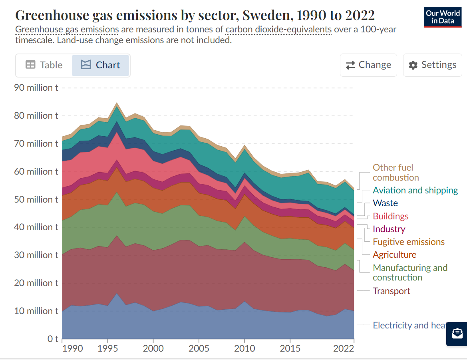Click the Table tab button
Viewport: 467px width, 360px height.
[44, 65]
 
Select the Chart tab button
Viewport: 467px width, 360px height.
[101, 65]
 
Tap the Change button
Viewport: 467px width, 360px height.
[368, 65]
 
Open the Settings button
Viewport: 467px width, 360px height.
[433, 65]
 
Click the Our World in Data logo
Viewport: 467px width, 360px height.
[443, 17]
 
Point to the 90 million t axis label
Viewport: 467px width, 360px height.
[36, 88]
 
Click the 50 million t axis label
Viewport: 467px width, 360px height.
[36, 199]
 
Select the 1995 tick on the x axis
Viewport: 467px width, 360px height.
[107, 348]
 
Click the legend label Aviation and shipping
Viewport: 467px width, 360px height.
[415, 190]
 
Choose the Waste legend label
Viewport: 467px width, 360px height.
[385, 203]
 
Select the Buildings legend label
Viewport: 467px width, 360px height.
[391, 216]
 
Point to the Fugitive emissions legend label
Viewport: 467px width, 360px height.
[409, 242]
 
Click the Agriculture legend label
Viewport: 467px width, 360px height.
[395, 255]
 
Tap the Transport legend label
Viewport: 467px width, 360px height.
[391, 291]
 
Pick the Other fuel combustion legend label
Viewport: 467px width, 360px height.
[396, 173]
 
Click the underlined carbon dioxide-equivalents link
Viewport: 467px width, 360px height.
[278, 30]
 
